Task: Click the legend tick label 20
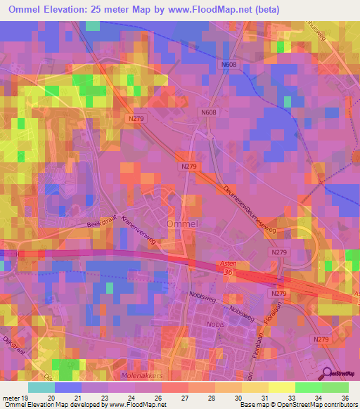(50, 398)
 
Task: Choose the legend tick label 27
(185, 398)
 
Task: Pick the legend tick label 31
(264, 398)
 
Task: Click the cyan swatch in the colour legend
(41, 387)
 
